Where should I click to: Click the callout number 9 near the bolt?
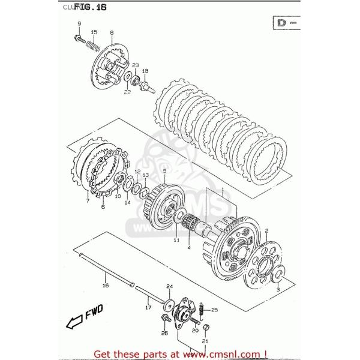(79, 23)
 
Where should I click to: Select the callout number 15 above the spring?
(94, 31)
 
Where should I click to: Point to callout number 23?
(136, 65)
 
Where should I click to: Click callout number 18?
(145, 70)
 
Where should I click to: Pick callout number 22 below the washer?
(127, 92)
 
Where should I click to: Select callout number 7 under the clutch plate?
(88, 200)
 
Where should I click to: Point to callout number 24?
(169, 286)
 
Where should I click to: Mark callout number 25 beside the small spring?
(215, 310)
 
